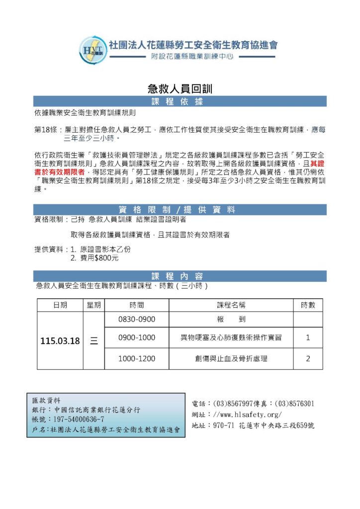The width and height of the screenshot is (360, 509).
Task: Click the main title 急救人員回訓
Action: tap(180, 89)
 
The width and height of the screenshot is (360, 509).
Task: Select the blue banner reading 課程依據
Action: tap(180, 102)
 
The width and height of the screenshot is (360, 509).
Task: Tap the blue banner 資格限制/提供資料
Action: tap(180, 210)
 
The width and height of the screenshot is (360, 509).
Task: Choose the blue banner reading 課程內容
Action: tap(180, 276)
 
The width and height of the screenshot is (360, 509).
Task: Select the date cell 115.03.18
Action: tap(60, 341)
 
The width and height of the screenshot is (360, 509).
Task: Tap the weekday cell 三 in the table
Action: tap(93, 341)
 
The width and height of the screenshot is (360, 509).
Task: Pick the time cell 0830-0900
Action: tap(136, 320)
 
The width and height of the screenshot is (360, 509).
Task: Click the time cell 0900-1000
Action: tap(136, 338)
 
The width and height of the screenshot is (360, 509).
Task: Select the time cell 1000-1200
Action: tap(136, 358)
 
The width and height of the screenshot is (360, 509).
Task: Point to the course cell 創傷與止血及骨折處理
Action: tap(231, 358)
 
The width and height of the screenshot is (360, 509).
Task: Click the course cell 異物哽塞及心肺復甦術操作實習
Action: tap(231, 338)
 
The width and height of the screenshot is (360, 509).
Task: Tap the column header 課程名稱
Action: tap(231, 305)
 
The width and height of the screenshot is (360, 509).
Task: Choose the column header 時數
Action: tap(308, 305)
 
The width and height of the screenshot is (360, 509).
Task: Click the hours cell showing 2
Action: tap(308, 358)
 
